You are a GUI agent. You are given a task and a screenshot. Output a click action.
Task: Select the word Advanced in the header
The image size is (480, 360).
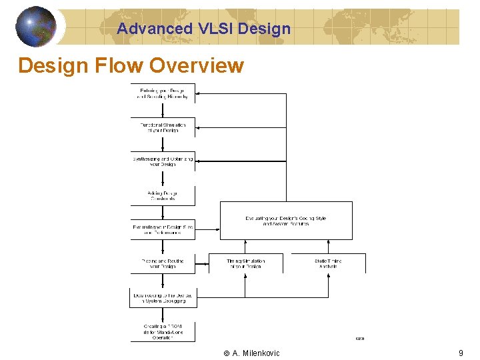click(154, 29)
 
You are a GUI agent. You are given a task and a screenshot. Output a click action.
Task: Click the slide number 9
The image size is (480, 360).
click(461, 353)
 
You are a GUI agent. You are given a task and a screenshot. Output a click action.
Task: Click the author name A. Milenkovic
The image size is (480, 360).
click(256, 353)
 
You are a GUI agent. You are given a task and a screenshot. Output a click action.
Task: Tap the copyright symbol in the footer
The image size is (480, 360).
click(227, 353)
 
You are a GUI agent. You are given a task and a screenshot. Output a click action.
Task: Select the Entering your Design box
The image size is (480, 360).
click(163, 93)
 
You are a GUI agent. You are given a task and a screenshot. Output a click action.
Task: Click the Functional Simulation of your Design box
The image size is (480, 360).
click(163, 127)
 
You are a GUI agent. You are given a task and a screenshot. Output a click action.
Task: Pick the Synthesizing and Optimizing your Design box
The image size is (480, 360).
click(163, 161)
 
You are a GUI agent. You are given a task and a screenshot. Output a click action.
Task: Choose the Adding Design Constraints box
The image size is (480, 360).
click(163, 196)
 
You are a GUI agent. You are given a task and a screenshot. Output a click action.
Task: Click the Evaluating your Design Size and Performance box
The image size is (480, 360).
click(163, 230)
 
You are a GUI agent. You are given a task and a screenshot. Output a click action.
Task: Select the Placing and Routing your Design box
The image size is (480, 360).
click(163, 263)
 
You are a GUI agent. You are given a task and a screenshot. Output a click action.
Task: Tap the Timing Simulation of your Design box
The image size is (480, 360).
click(245, 263)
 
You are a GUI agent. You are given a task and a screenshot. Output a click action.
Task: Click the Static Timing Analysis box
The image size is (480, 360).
click(328, 263)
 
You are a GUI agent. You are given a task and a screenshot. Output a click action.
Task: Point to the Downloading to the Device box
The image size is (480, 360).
click(163, 297)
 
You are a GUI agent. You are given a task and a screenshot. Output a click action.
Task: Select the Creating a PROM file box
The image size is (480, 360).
click(163, 331)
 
